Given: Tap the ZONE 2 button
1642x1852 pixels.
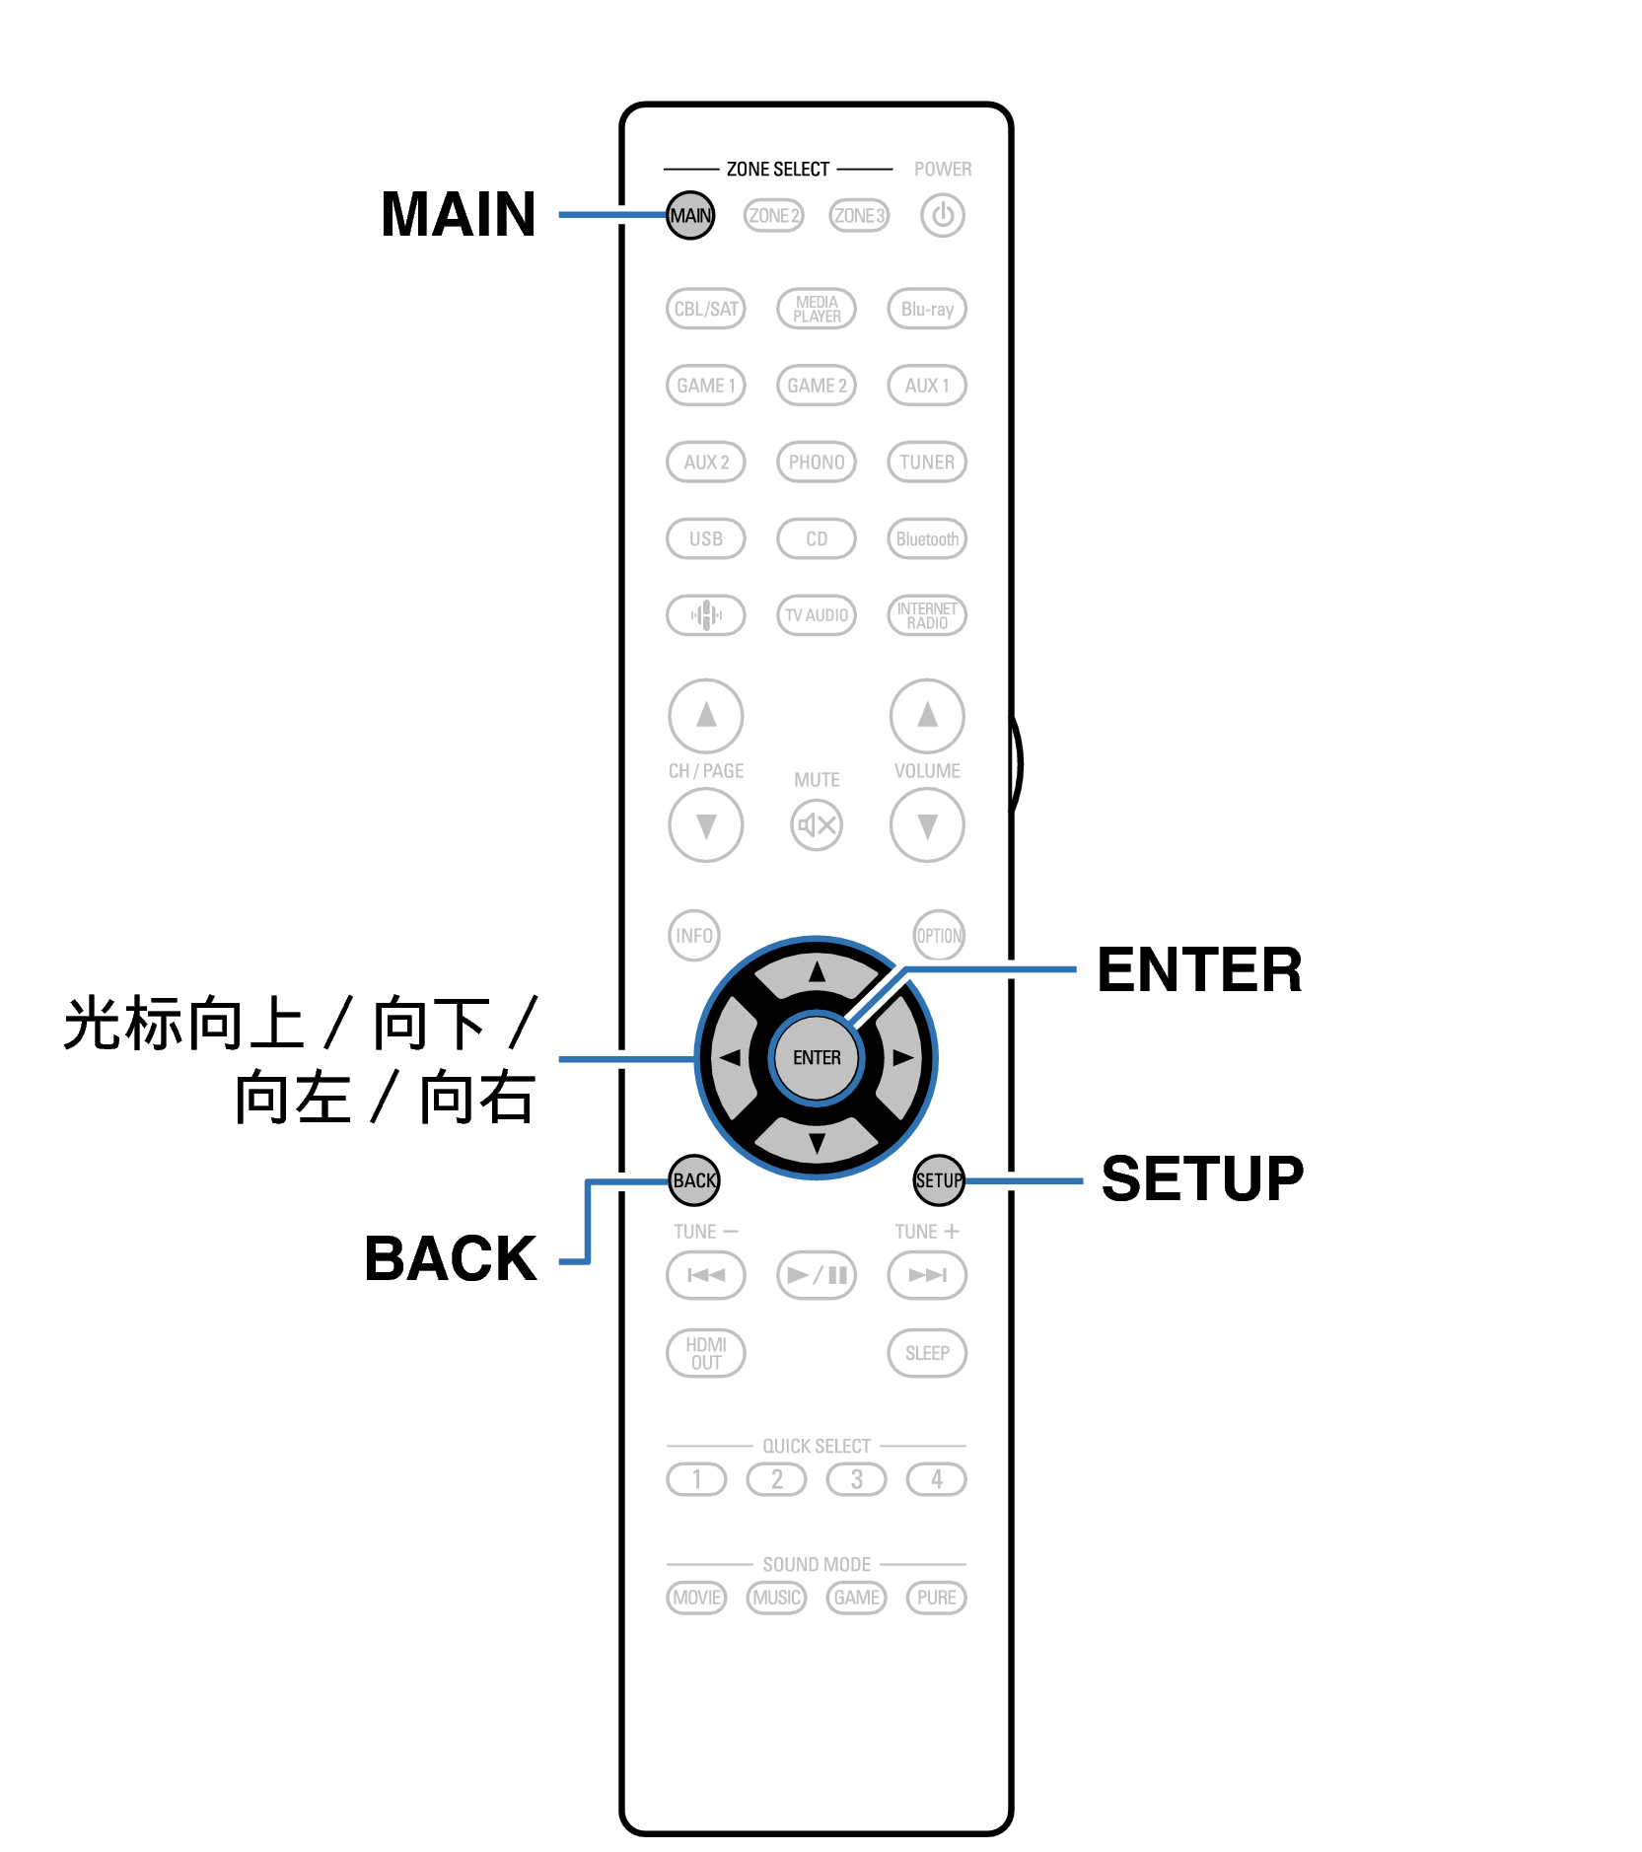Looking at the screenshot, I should tap(774, 215).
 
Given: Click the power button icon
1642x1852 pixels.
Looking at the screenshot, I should tap(943, 215).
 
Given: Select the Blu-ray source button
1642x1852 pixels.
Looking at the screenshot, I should tap(927, 309).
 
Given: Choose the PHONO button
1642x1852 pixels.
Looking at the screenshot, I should tap(817, 462).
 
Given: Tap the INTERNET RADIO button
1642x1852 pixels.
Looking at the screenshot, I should tap(927, 615).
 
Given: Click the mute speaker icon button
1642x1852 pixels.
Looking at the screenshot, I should tap(817, 824).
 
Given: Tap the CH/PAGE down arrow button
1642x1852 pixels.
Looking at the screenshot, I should tap(706, 824).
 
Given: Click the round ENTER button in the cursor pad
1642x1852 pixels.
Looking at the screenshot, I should tap(817, 1058).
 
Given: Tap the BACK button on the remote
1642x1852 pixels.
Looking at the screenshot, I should tap(694, 1180).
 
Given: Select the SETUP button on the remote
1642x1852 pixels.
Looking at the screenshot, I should tap(939, 1180).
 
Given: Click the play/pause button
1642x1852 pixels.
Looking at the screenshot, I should tap(817, 1275).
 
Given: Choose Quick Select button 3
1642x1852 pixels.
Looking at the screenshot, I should tap(856, 1479).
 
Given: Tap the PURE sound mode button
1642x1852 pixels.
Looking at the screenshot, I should tap(936, 1598).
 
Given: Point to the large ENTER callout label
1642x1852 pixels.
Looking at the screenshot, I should tap(1199, 969).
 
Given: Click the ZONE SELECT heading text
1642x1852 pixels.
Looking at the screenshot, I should tap(777, 170).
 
